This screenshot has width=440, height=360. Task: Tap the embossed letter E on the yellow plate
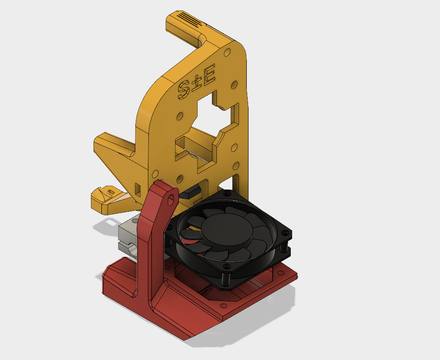209,74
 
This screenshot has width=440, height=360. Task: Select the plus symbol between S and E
197,83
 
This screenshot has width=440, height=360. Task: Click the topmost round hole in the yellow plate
227,53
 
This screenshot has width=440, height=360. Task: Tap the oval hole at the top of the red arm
171,200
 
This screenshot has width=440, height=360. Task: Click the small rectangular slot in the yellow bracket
138,190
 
